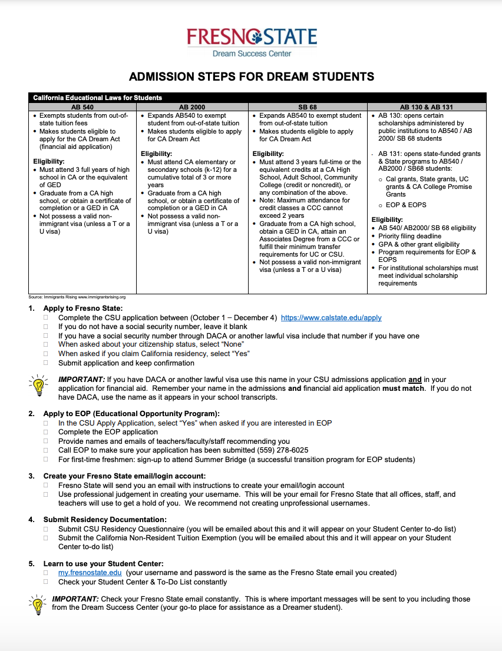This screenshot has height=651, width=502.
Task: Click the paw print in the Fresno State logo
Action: [257, 38]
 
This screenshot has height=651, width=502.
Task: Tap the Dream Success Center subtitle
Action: [252, 54]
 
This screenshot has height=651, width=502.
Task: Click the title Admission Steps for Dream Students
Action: [252, 77]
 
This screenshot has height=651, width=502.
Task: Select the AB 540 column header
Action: [82, 107]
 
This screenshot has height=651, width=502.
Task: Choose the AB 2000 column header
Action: [192, 107]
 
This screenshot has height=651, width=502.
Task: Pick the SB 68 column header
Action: [308, 107]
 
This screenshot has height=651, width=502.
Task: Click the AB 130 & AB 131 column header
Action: [427, 107]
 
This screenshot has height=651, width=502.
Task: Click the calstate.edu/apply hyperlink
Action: [331, 318]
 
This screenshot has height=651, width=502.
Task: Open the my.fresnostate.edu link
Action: [90, 573]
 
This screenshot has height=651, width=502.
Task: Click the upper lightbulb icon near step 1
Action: [38, 384]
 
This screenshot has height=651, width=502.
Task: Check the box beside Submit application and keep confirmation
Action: [46, 363]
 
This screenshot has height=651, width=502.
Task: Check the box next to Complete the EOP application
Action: [46, 432]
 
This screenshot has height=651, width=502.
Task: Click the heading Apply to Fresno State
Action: [83, 308]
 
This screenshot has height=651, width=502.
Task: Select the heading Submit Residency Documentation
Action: [105, 520]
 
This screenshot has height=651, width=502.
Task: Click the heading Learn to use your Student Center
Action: [103, 563]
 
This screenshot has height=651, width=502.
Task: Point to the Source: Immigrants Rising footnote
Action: [77, 297]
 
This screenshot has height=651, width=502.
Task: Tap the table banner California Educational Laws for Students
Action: [97, 98]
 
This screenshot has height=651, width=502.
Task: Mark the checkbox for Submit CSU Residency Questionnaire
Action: [46, 529]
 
